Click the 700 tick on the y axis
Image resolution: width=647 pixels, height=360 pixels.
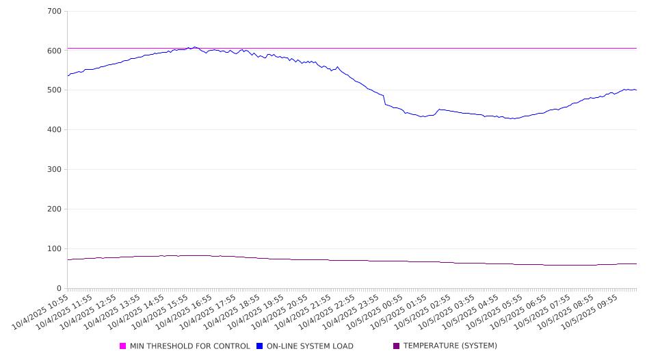55,11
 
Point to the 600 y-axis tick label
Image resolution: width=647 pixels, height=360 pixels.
55,51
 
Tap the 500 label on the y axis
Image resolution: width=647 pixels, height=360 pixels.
55,90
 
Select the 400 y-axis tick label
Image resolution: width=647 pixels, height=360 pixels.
55,130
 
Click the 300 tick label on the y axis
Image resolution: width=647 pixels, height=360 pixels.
55,170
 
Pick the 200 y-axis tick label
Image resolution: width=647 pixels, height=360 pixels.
55,209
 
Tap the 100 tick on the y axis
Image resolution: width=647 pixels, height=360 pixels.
55,249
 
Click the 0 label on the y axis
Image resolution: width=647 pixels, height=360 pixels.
60,288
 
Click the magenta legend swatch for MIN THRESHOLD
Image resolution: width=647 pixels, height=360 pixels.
123,346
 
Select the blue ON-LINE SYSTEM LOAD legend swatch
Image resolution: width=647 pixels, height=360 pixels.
260,346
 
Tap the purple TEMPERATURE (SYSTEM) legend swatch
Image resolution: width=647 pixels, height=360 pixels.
397,346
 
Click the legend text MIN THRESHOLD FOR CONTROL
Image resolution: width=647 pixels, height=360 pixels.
189,346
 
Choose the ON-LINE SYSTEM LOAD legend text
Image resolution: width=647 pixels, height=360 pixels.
310,346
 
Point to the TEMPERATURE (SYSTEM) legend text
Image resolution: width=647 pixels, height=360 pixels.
450,346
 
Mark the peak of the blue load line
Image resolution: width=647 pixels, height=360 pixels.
194,47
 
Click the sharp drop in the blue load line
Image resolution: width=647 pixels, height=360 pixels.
384,100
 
